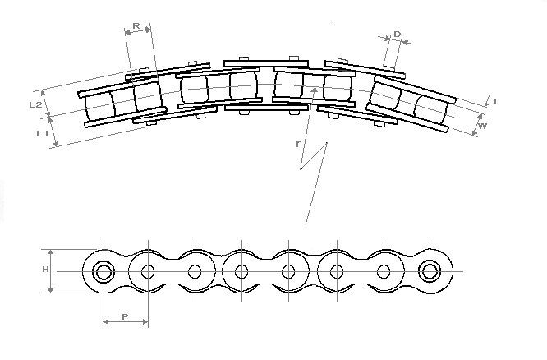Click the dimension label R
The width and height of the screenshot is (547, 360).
tap(136, 25)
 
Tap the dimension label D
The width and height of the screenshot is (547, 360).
tap(398, 35)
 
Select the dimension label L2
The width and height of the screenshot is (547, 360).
tap(35, 104)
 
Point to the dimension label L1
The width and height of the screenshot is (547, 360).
tap(42, 133)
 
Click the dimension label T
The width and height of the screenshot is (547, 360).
tap(495, 102)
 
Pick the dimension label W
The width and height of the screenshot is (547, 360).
tap(482, 127)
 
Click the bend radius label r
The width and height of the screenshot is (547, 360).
tap(297, 144)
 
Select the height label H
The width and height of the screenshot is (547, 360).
tap(46, 270)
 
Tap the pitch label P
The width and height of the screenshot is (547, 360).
tap(125, 316)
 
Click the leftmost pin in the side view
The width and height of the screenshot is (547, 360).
tap(103, 272)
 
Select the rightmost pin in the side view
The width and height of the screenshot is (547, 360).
tap(430, 271)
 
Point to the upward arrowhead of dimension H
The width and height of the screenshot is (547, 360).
tap(51, 250)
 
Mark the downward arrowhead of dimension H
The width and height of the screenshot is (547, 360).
tap(51, 293)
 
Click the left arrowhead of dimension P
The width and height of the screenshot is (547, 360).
tap(104, 321)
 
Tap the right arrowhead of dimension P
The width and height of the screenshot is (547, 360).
tap(148, 321)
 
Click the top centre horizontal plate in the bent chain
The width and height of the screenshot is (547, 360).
tap(266, 64)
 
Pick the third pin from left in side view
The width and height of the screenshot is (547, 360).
tap(195, 272)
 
